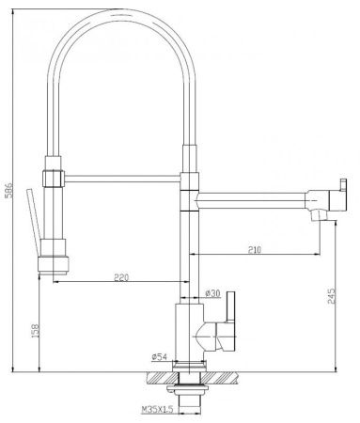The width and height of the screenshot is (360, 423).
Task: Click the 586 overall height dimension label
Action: click(8, 190)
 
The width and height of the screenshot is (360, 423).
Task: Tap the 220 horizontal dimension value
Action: click(121, 277)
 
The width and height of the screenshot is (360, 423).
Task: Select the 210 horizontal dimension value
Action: click(255, 250)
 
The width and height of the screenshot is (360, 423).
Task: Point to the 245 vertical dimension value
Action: click(332, 296)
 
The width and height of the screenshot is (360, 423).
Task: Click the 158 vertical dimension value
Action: click(37, 330)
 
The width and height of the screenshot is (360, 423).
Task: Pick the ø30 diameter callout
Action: click(212, 293)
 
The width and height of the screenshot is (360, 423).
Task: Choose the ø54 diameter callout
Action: click(159, 356)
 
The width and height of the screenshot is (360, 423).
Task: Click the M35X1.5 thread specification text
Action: click(158, 410)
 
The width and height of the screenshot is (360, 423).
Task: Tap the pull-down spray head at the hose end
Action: click(54, 257)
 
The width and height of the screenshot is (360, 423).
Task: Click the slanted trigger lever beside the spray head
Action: click(34, 222)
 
